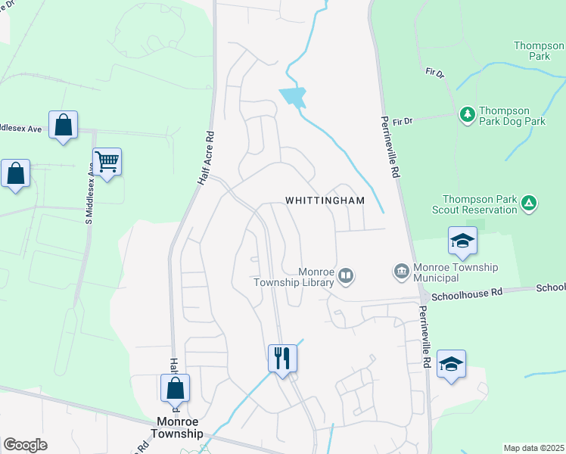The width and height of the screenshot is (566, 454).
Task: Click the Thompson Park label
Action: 539,51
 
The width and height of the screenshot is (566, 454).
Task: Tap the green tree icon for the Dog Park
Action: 468,114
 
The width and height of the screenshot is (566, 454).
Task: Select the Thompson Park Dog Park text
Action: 515,116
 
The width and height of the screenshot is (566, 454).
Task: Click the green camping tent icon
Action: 530,203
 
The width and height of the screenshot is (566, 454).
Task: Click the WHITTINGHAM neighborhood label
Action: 325,201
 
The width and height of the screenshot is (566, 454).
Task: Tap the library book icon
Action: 346,275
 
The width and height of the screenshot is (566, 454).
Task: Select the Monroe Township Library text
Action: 294,277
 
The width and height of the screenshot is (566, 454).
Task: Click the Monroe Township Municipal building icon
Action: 401,270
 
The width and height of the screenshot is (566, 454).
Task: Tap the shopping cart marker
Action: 107,161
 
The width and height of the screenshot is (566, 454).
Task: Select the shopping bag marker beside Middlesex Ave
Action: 63,125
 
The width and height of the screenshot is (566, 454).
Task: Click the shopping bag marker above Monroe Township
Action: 175,388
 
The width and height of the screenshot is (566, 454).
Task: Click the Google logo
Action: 25,445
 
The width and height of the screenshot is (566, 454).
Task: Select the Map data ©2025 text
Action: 533,448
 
